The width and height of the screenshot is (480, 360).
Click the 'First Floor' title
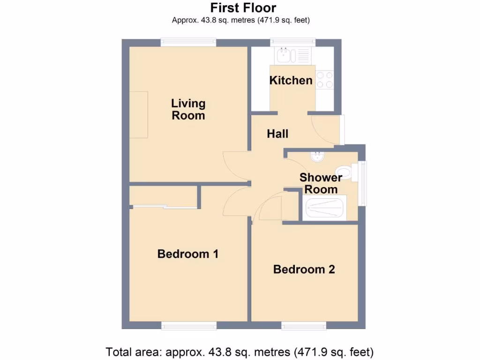point(243,8)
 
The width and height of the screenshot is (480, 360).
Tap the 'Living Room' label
point(188,109)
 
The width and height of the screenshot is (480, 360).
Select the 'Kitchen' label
point(291,80)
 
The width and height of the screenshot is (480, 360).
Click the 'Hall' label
point(277,134)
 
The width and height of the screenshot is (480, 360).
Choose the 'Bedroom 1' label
point(188,254)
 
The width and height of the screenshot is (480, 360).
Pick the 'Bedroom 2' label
point(304,270)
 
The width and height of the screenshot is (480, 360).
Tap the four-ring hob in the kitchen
point(324,80)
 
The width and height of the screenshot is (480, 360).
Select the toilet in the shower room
point(345,172)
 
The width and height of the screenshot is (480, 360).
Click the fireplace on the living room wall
point(139,115)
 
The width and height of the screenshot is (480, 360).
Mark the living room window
point(188,43)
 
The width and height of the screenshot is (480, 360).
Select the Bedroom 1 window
point(189,325)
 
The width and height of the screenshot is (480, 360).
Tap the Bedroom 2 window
point(304,325)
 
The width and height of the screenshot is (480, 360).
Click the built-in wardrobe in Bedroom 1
point(163,196)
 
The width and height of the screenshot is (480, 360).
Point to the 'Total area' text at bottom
point(240,351)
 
